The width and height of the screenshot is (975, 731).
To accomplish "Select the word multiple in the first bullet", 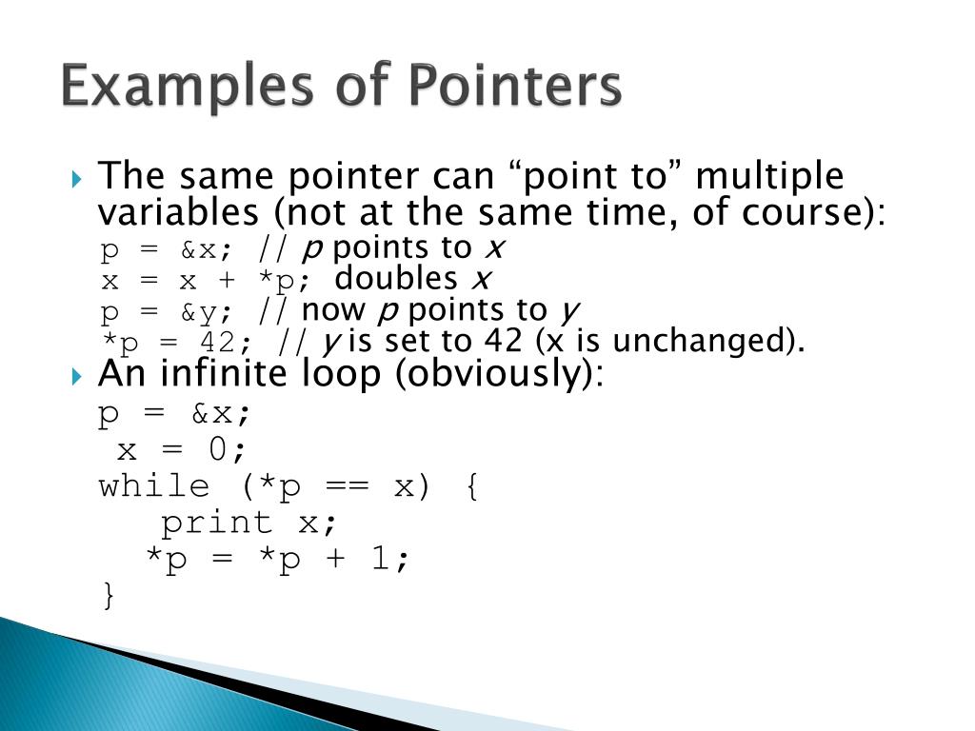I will pos(769,176).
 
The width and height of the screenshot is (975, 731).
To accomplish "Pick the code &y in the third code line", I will pos(207,311).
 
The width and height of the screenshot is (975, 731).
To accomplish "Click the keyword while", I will pos(153,486).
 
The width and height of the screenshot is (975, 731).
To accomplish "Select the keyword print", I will pos(216,523).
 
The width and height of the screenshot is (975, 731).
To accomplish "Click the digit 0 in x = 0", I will pos(216,449).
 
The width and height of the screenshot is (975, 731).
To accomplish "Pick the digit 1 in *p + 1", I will pos(380,559).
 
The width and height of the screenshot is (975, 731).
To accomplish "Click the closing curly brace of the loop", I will pos(107,596).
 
